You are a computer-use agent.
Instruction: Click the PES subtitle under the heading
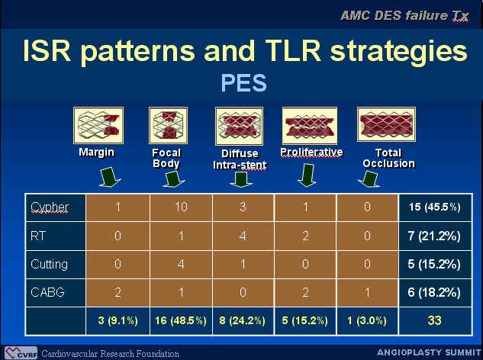coord(243,83)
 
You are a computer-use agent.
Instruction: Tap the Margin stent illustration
coord(98,125)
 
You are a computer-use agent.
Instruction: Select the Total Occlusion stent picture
coord(386,124)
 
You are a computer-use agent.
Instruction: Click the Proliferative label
coord(311,152)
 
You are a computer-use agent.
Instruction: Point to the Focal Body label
coord(166,158)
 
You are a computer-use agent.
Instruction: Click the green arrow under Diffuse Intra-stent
coord(241,179)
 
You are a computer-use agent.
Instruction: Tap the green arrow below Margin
coord(110,177)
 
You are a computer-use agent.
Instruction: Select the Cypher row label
coord(50,207)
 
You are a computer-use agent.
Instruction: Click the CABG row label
coord(48,292)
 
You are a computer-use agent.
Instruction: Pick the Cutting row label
coord(50,264)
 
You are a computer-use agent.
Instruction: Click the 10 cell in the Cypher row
coord(181,207)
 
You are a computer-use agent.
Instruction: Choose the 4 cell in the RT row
coord(243,236)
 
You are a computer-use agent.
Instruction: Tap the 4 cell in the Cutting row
coord(181,264)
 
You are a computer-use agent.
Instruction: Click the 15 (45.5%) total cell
coord(435,207)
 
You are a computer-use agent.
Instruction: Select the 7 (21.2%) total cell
coord(434,236)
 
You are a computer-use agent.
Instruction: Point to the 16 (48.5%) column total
coord(181,320)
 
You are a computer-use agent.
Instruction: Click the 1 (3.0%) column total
coord(367,320)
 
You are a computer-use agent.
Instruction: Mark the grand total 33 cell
coord(435,320)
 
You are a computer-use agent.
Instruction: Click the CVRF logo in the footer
coord(21,353)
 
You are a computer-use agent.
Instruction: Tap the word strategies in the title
coord(398,50)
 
